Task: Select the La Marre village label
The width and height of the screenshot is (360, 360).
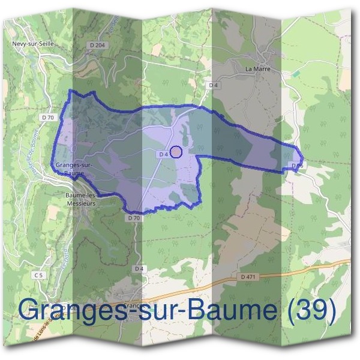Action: (257, 69)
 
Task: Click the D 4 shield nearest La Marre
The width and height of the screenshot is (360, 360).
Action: (212, 86)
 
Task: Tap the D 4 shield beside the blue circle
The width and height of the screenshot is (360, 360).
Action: (163, 154)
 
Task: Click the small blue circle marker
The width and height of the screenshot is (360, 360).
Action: (176, 152)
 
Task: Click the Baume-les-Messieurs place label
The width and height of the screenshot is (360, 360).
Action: (80, 199)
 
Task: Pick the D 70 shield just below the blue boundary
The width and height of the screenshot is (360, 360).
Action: (134, 218)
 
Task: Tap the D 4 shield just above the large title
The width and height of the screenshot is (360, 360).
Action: (139, 268)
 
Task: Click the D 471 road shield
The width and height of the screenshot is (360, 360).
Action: (247, 277)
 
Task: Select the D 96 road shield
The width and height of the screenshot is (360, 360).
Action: (296, 164)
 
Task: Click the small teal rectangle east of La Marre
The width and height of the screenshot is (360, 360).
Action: (295, 73)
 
